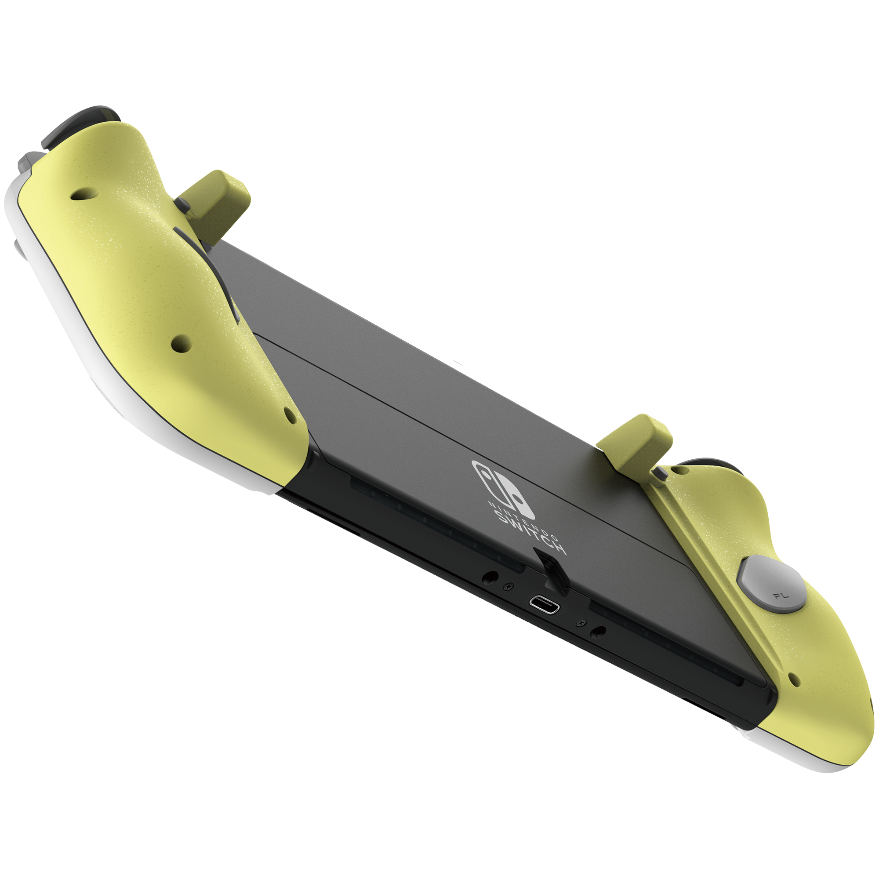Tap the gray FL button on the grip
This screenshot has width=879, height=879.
coord(772,583)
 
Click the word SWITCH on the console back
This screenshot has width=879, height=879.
coord(530,532)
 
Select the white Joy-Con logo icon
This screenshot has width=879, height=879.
coord(503,487)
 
